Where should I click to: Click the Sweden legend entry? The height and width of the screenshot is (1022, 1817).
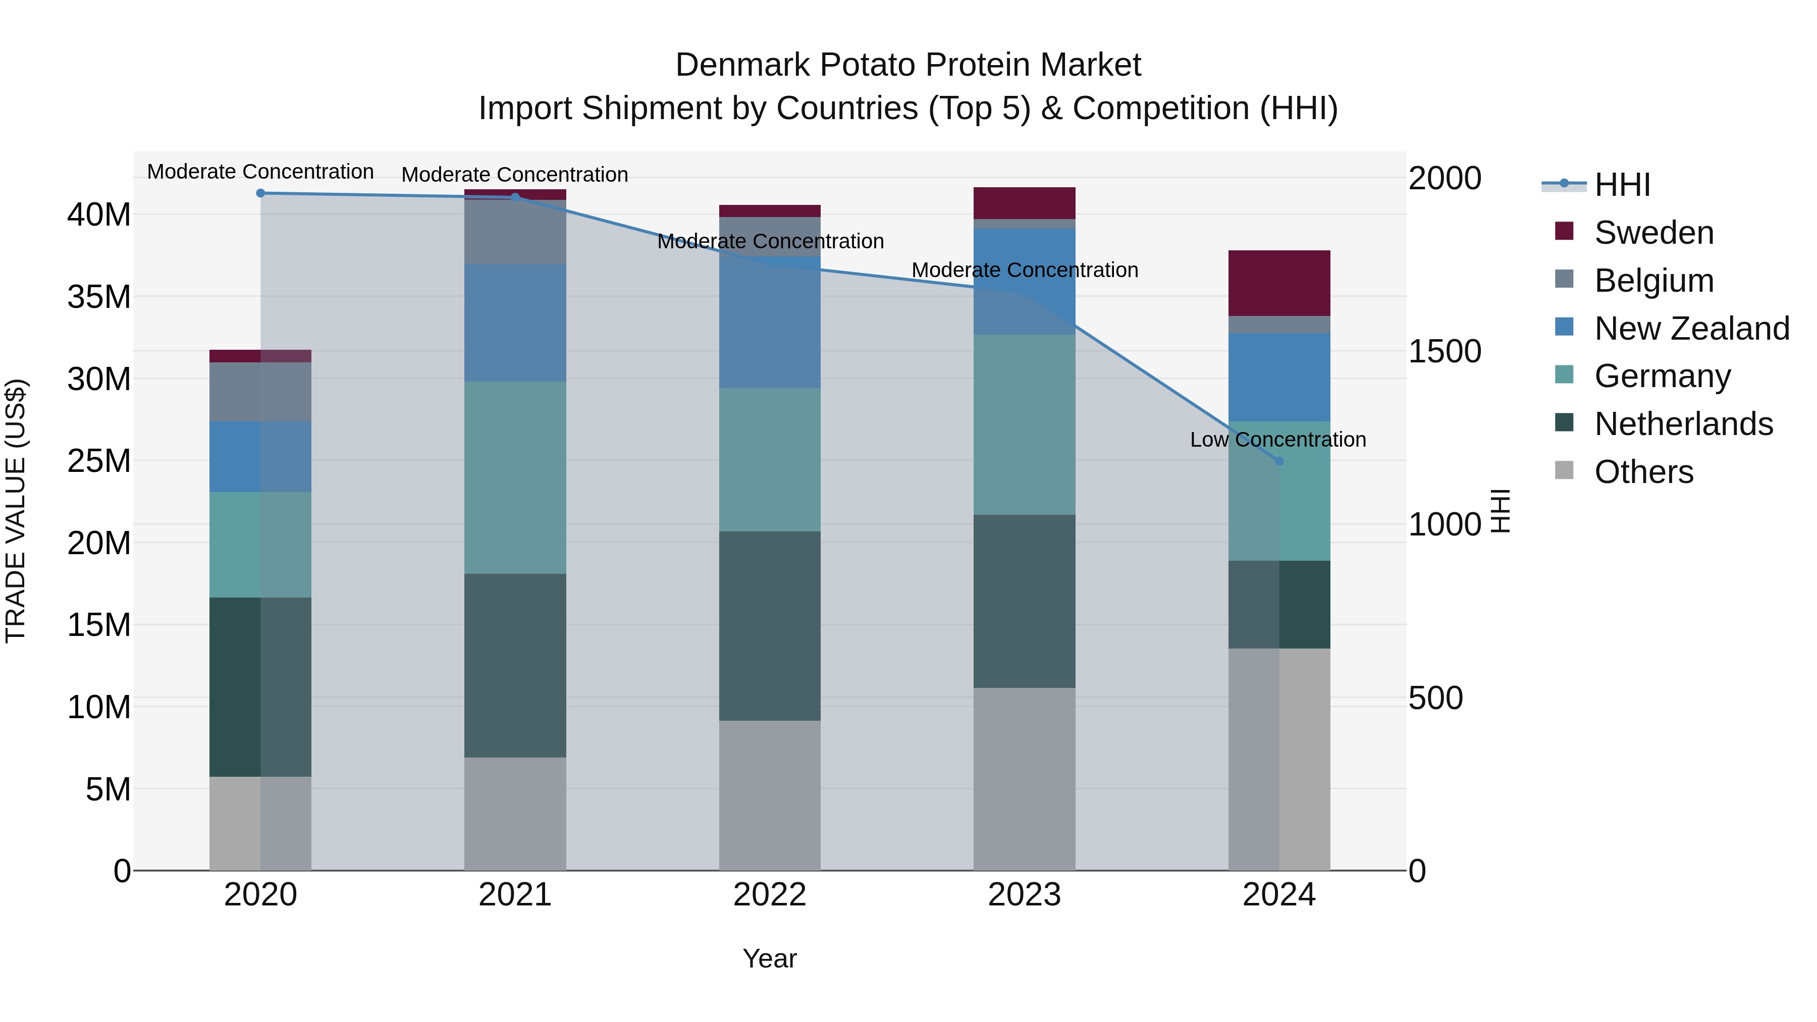tap(1653, 233)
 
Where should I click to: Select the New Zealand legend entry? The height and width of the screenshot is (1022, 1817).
tap(1691, 329)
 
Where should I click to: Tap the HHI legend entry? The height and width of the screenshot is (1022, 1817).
tap(1622, 185)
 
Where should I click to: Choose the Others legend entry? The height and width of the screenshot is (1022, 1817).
tap(1643, 472)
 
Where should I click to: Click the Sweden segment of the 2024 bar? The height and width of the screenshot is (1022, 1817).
tap(1279, 283)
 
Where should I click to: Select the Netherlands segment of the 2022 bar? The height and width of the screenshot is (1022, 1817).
tap(770, 626)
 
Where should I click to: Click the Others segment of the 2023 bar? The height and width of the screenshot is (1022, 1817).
tap(1024, 779)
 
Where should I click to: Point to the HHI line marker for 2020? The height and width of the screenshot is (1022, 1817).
tap(260, 193)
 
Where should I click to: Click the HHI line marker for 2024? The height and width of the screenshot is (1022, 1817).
tap(1279, 461)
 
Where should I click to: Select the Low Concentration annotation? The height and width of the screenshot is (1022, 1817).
tap(1277, 440)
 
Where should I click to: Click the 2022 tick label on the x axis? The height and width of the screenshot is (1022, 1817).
tap(770, 895)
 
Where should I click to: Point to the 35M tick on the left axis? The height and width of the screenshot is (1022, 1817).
tap(99, 297)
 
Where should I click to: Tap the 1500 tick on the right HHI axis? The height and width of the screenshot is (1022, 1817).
tap(1445, 352)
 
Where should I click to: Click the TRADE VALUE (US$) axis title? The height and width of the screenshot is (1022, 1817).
tap(16, 511)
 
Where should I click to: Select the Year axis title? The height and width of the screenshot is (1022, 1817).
tap(770, 958)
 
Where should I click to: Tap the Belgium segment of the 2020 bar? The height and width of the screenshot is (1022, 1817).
tap(260, 392)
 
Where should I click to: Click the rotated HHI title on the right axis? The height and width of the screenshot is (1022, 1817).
tap(1501, 511)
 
